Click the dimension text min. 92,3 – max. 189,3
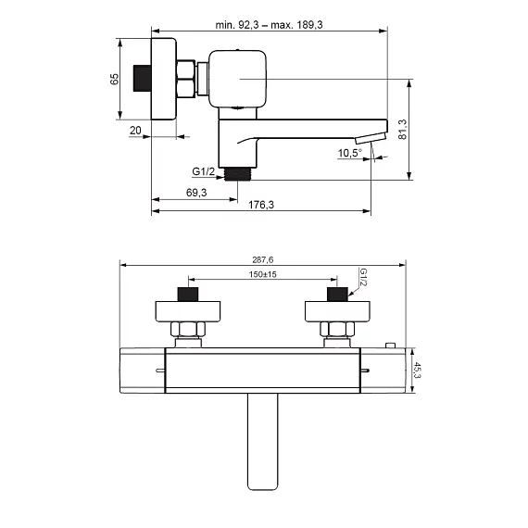pyautogui.click(x=269, y=25)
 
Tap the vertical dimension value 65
pyautogui.click(x=115, y=79)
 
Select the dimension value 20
pyautogui.click(x=135, y=131)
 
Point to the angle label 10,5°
pyautogui.click(x=350, y=153)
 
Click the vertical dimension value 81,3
pyautogui.click(x=402, y=130)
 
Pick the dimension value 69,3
pyautogui.click(x=196, y=193)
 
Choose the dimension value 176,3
pyautogui.click(x=261, y=205)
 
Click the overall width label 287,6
pyautogui.click(x=263, y=260)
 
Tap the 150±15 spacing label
pyautogui.click(x=263, y=274)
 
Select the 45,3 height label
pyautogui.click(x=417, y=371)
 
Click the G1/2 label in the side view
pyautogui.click(x=203, y=171)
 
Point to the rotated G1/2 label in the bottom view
pyautogui.click(x=363, y=277)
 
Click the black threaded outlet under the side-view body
pyautogui.click(x=237, y=174)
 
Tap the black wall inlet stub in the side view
pyautogui.click(x=142, y=78)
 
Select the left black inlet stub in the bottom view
pyautogui.click(x=188, y=295)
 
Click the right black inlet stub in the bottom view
pyautogui.click(x=337, y=295)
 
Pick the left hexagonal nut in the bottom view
pyautogui.click(x=188, y=329)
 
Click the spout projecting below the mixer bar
pyautogui.click(x=262, y=442)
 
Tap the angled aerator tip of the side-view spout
pyautogui.click(x=371, y=138)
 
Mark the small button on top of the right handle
pyautogui.click(x=390, y=346)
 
